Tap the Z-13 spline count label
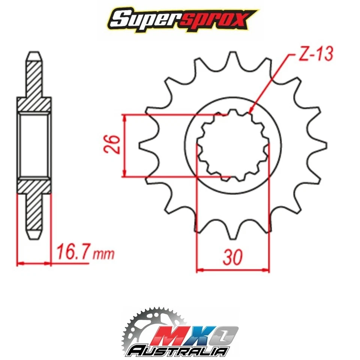coord(315,55)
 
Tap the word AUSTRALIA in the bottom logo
coord(178,351)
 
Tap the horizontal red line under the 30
coord(233,269)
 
